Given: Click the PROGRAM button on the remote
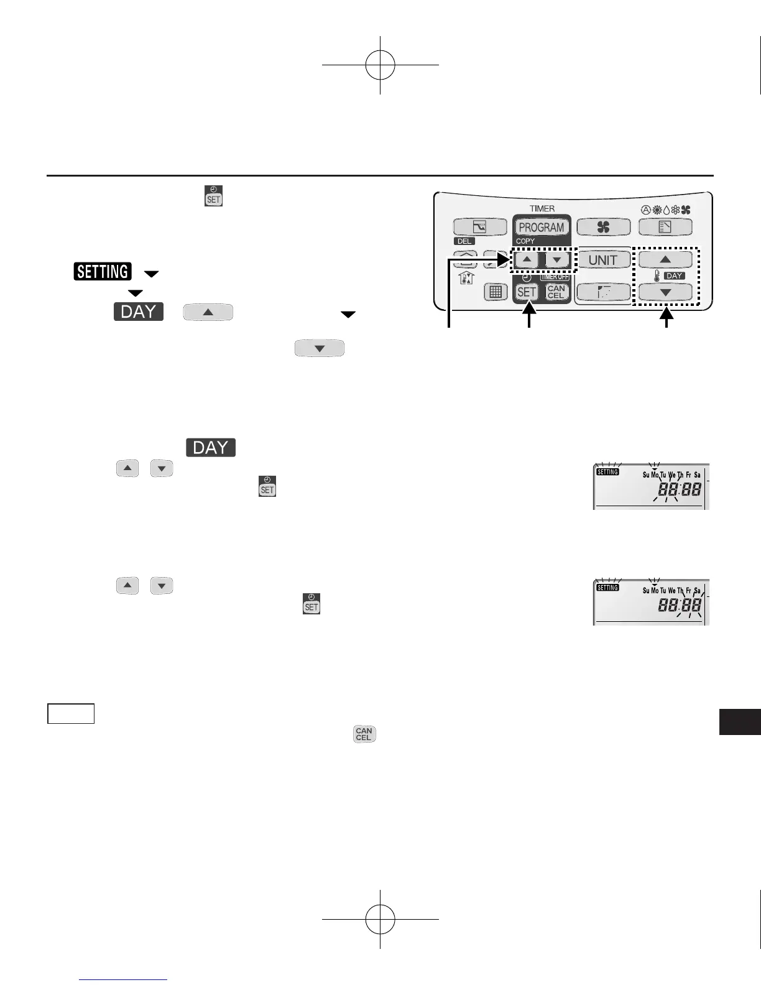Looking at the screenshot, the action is (x=541, y=228).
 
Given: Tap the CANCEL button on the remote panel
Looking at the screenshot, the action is (x=556, y=292).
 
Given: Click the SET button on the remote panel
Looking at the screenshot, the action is (x=527, y=292).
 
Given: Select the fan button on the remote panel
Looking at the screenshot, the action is (x=603, y=228).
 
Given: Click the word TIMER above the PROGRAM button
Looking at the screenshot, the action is (x=542, y=209).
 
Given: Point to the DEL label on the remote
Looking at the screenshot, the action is (x=464, y=241).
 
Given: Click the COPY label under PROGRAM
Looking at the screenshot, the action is (x=525, y=241).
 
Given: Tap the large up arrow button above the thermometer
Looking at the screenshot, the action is (x=665, y=259).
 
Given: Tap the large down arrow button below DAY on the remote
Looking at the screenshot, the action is (x=665, y=292).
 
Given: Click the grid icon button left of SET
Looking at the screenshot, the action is (x=496, y=292).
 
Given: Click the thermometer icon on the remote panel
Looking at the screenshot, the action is (x=657, y=275).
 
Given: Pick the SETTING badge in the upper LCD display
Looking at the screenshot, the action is (x=607, y=472).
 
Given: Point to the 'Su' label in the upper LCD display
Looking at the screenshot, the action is (x=646, y=475).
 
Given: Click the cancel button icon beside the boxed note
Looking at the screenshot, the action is (x=364, y=734).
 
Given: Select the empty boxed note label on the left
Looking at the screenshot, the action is (x=71, y=714).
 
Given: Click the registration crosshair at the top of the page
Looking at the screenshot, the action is (x=380, y=65).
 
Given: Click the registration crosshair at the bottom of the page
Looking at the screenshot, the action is (x=380, y=918).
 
